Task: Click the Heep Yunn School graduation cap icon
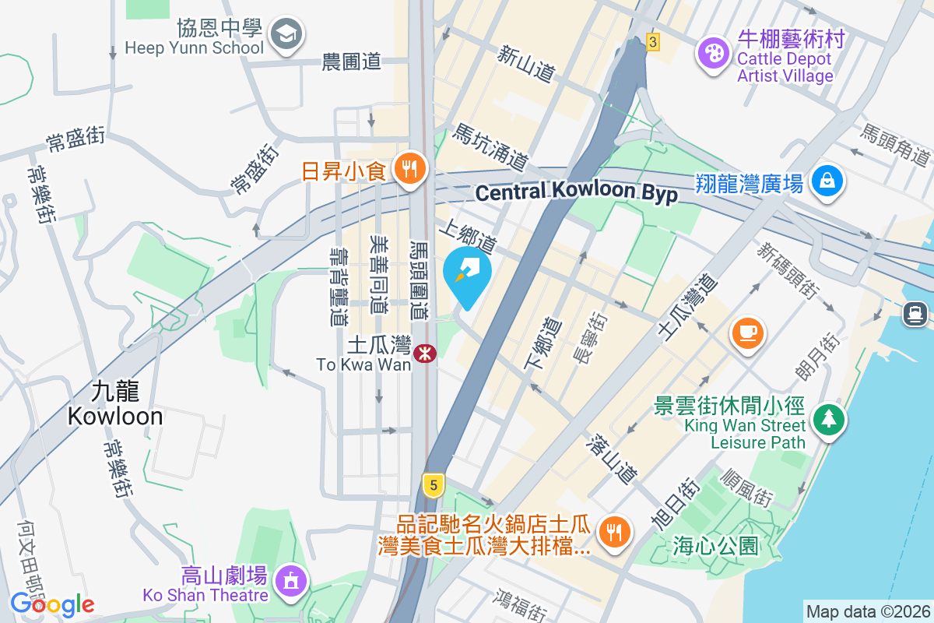[286, 34]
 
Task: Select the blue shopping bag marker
[827, 181]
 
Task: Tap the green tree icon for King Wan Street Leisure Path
[829, 420]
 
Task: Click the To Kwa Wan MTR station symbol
[425, 354]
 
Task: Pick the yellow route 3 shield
[652, 42]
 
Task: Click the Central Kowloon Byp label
[576, 192]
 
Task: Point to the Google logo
[52, 604]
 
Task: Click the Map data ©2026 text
[867, 611]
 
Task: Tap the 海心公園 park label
[715, 546]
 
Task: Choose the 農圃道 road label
[351, 62]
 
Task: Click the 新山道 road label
[527, 63]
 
